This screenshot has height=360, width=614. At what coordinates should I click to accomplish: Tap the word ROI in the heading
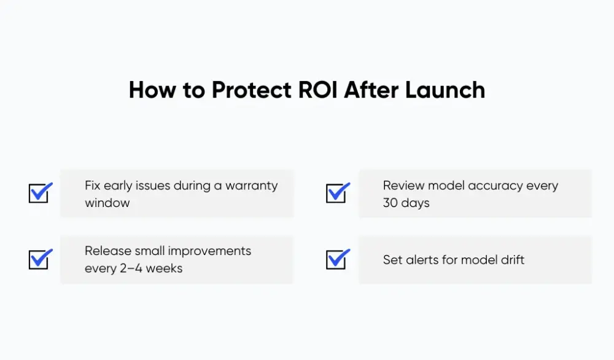pos(319,90)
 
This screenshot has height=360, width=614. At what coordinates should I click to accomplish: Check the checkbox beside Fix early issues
pos(40,194)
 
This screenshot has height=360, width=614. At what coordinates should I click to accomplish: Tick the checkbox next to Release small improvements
pos(40,259)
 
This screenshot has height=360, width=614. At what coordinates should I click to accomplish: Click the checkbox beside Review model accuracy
pos(337,194)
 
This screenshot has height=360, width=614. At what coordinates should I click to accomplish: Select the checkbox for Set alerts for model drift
pos(337,259)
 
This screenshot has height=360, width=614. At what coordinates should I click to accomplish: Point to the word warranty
pos(252,186)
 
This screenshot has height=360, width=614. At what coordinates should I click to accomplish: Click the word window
pos(107,203)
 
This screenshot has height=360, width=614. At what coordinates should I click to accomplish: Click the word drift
pos(511,260)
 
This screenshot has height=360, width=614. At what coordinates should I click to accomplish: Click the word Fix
pos(93,186)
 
